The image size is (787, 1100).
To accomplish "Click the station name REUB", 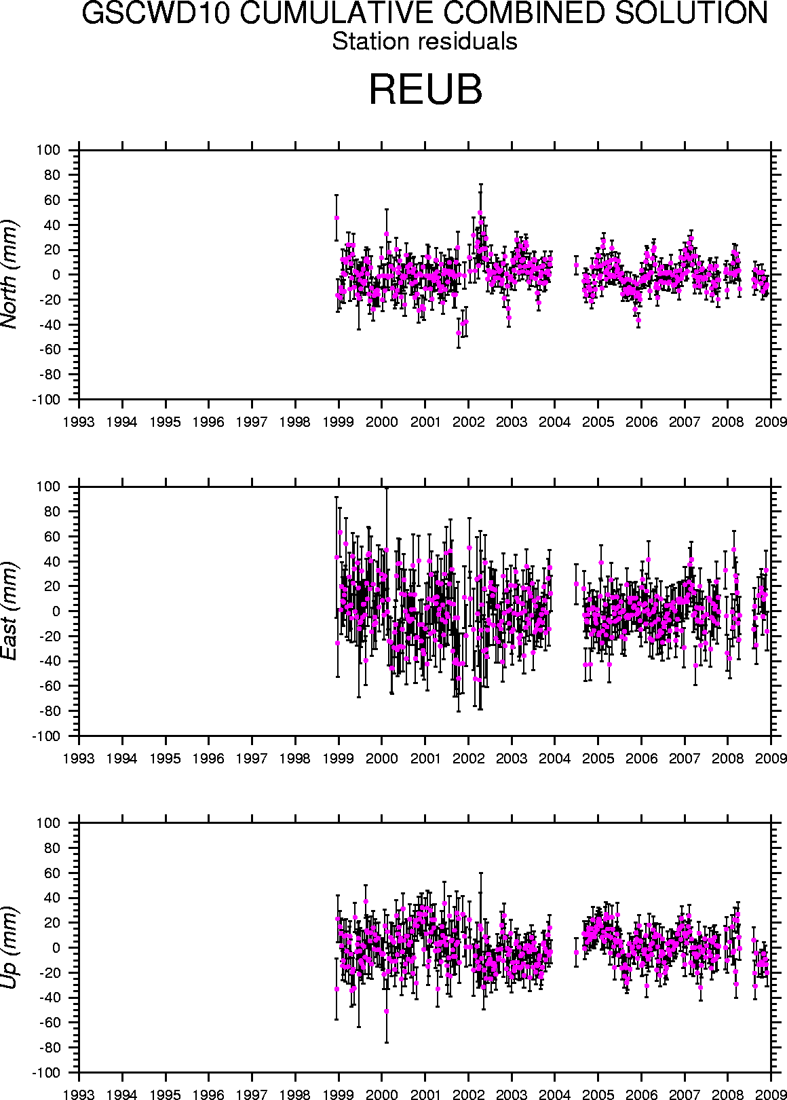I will pos(425,89).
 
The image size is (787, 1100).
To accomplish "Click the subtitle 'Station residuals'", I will pos(425,41).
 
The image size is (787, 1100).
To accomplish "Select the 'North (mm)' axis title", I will pos(10,274).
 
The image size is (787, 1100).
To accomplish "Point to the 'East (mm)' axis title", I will pos(10,611).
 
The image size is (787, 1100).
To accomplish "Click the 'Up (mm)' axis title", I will pos(10,947).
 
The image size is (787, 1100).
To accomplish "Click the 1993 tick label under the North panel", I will pos(79,421).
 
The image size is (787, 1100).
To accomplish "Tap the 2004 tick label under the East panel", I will pos(555,758).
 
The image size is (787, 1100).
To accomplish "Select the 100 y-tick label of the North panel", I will pos(50,150).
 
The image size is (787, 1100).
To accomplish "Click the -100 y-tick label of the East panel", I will pos(45,736).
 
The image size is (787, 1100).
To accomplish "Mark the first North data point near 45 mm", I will pos(337,218).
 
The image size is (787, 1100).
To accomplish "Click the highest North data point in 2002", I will pos(480,212).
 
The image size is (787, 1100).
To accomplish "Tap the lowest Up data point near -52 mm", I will pos(387,1011).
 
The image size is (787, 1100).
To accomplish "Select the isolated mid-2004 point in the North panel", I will pos(576,265).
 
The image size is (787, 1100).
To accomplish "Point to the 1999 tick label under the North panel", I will pos(339,421).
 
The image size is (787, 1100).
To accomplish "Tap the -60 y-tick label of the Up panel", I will pos(49,1023).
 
